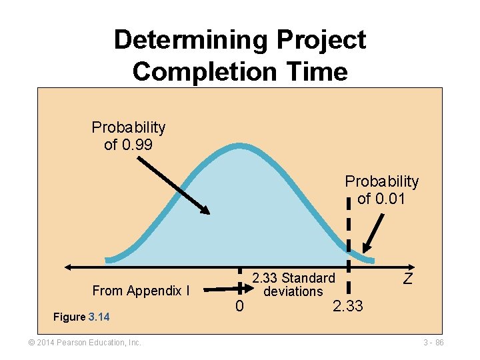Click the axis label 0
[239, 307]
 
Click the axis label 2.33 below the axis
[347, 307]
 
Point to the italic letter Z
[408, 279]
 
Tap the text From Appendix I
[141, 291]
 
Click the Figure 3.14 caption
[81, 317]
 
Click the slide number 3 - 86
[433, 343]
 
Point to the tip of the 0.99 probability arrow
[207, 213]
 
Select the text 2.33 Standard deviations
[293, 285]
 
